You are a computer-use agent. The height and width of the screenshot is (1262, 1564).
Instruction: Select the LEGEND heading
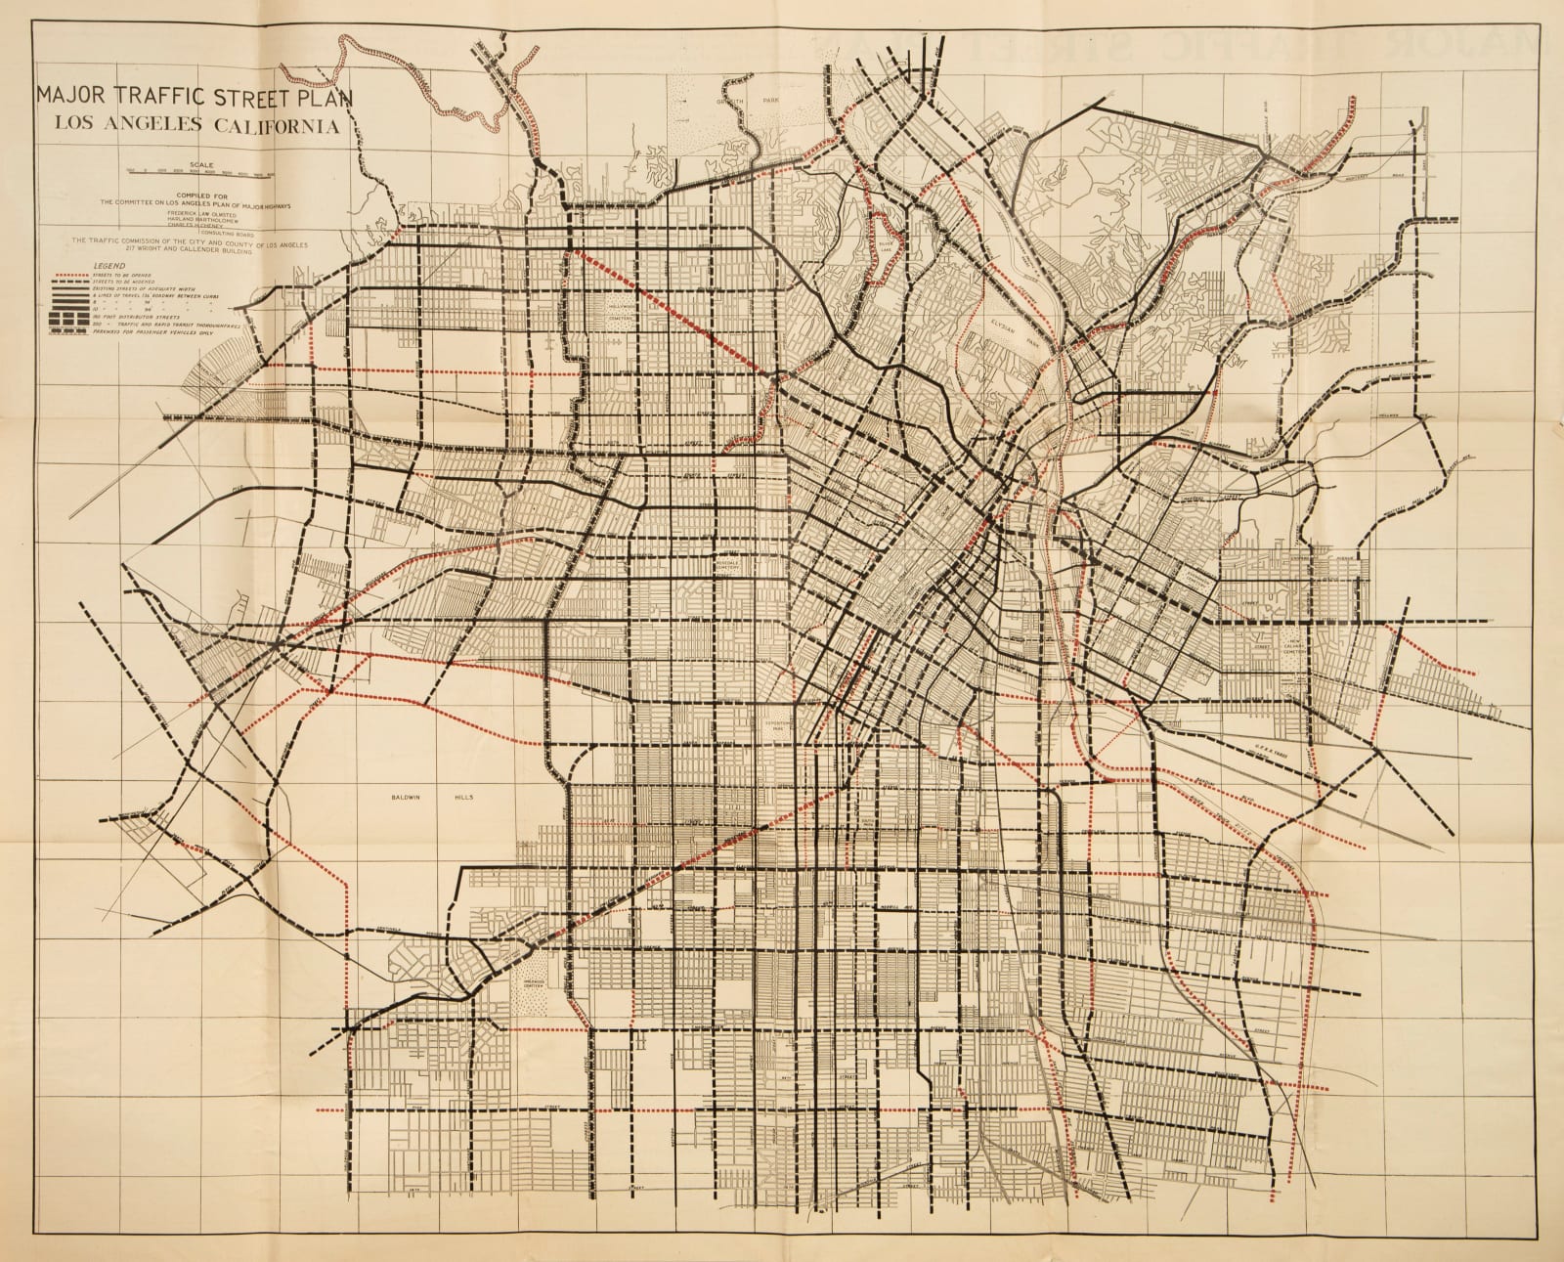pos(109,266)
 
